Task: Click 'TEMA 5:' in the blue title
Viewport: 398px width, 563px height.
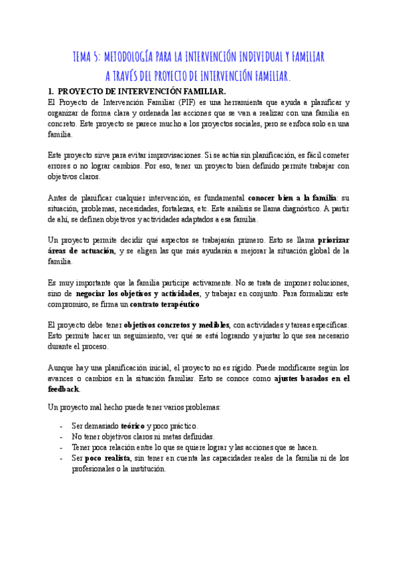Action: (86, 57)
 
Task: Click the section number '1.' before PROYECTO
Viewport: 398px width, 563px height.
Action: (52, 91)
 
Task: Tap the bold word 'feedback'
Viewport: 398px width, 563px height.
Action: (64, 388)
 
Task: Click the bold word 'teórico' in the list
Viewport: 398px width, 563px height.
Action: (133, 426)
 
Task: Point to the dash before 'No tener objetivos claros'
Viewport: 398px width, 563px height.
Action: (61, 436)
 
